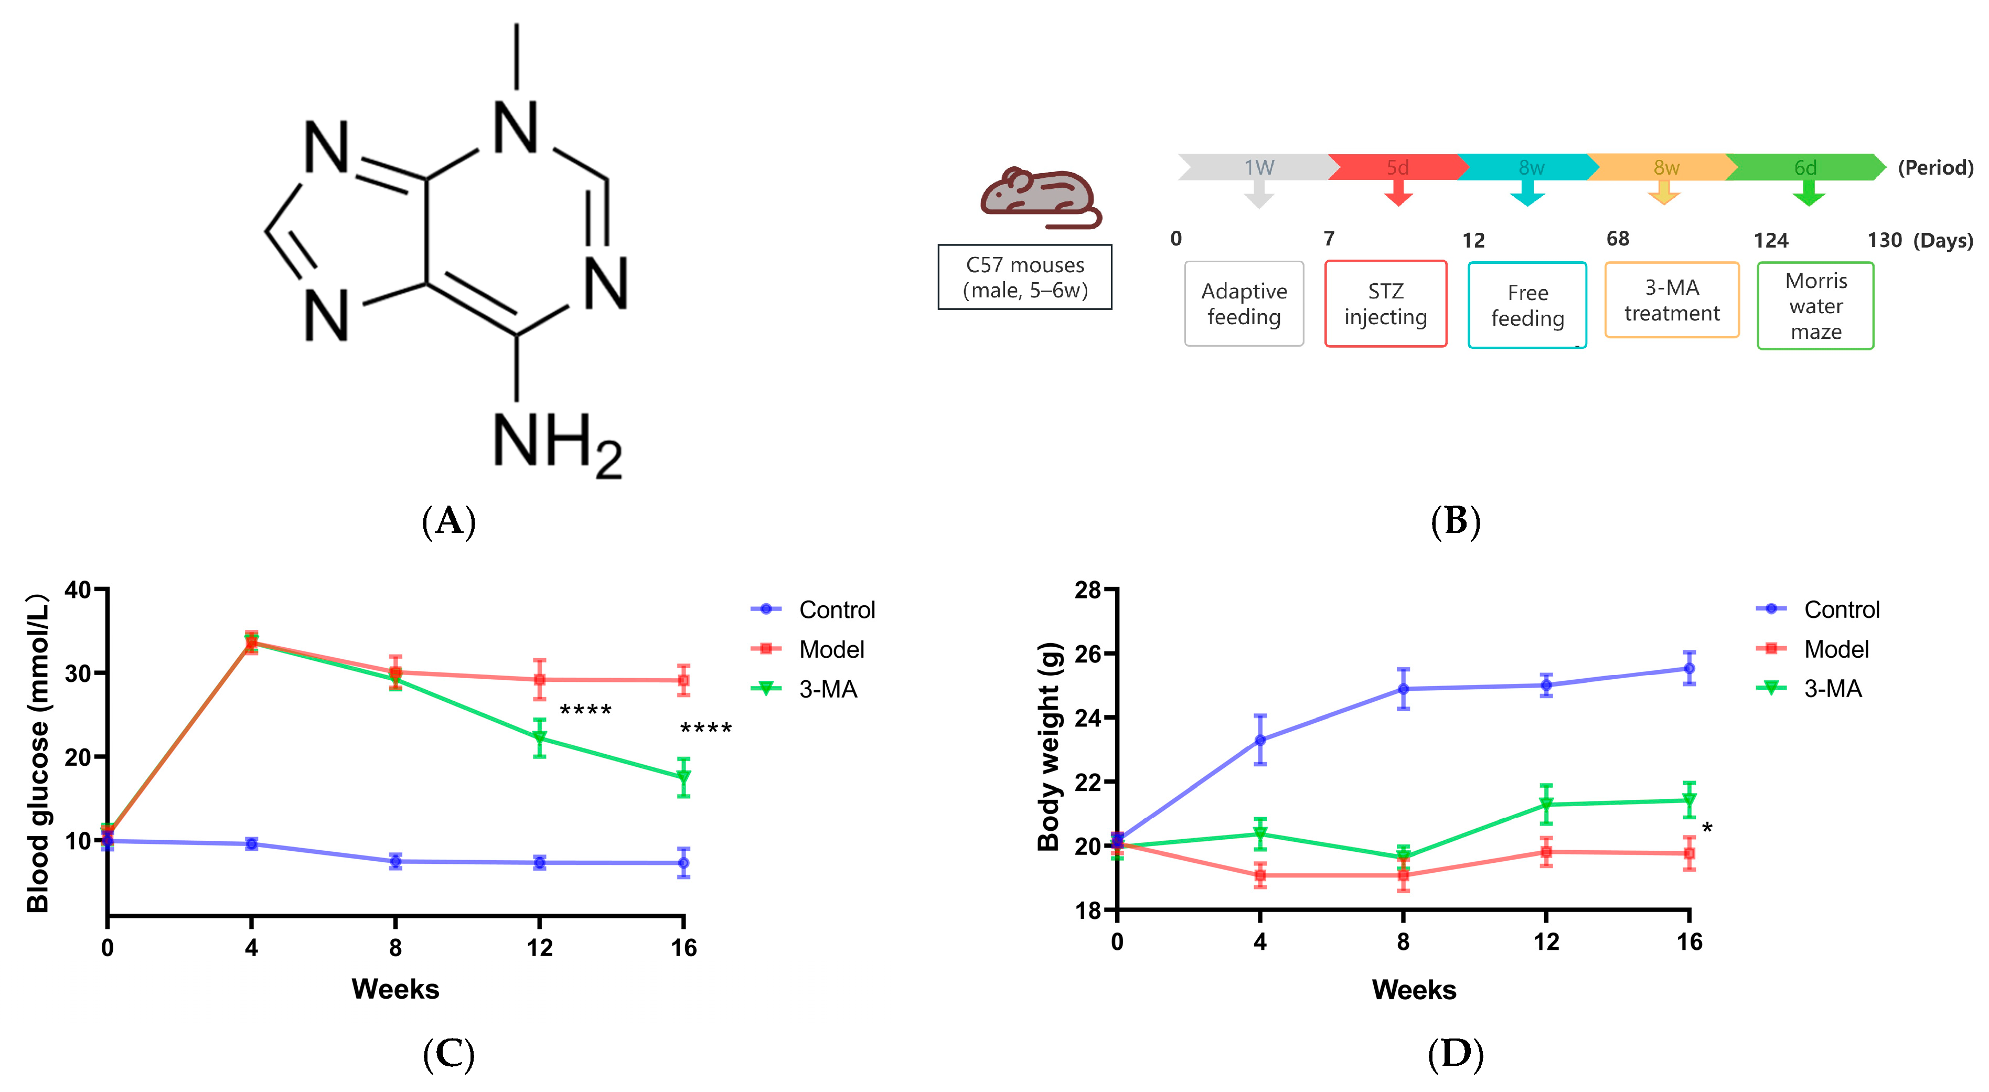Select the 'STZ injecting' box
pos(1385,304)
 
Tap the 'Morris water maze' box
pos(1815,306)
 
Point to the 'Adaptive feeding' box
pos(1244,304)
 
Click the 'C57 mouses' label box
pos(1024,277)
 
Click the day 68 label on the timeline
pos(1618,239)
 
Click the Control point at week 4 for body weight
pos(1260,740)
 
